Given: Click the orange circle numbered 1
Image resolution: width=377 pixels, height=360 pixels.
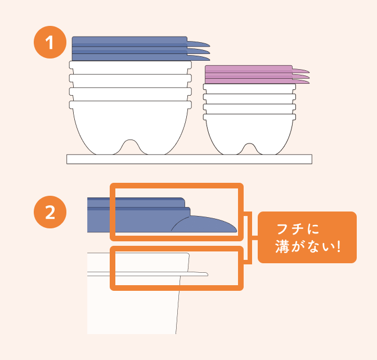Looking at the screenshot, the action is click(x=50, y=42).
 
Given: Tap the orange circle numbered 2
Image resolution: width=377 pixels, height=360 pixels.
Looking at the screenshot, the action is click(x=50, y=212).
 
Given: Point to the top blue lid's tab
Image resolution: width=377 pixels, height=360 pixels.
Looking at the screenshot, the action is click(x=199, y=44).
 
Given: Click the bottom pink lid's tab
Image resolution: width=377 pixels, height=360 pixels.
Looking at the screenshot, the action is click(x=301, y=82).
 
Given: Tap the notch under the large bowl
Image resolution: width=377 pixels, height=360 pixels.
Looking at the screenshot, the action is click(x=130, y=146).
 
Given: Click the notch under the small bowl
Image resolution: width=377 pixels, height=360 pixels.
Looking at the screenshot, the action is click(x=249, y=148).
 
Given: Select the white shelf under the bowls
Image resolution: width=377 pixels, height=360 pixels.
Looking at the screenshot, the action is click(x=189, y=159).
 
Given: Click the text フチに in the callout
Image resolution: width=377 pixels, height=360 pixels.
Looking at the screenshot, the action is click(x=298, y=229).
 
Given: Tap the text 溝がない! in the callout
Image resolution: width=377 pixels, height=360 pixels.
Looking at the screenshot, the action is click(x=308, y=246).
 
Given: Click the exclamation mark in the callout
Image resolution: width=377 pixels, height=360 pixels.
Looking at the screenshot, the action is click(x=339, y=246).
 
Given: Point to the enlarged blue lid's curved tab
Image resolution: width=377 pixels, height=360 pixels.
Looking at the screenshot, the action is click(x=204, y=224).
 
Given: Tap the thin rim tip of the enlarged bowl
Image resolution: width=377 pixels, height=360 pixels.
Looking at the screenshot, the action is click(x=206, y=274).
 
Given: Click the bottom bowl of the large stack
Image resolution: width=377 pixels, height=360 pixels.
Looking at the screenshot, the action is click(x=131, y=127).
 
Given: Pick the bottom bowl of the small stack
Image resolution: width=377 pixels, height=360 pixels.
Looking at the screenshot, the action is click(x=250, y=134).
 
